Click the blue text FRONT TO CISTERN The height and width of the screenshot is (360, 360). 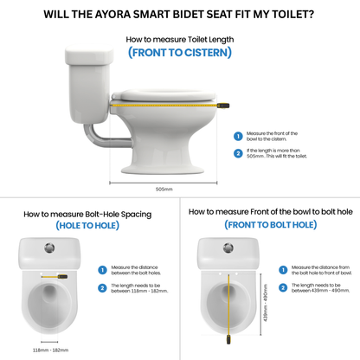[x=179, y=52]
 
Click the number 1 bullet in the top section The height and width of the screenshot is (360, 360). [x=238, y=136]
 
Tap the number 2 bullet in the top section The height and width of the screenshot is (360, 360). [x=238, y=154]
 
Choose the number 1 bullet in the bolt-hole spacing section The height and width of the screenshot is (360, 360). [x=102, y=270]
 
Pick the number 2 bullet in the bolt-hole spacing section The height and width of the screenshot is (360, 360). [x=102, y=287]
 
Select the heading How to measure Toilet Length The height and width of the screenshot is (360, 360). [x=179, y=40]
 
